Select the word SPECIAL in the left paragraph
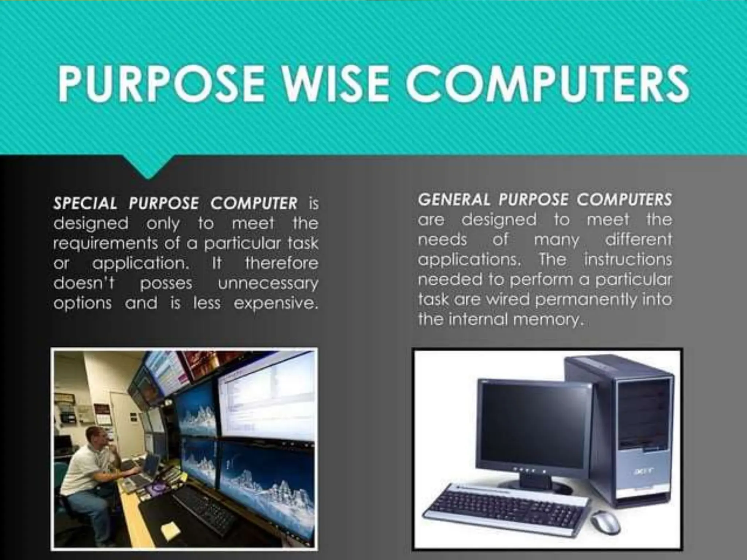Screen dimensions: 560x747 85,203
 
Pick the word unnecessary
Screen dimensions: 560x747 268,284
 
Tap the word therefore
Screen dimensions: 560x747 281,263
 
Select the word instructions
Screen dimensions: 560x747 628,260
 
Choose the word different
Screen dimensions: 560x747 638,240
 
